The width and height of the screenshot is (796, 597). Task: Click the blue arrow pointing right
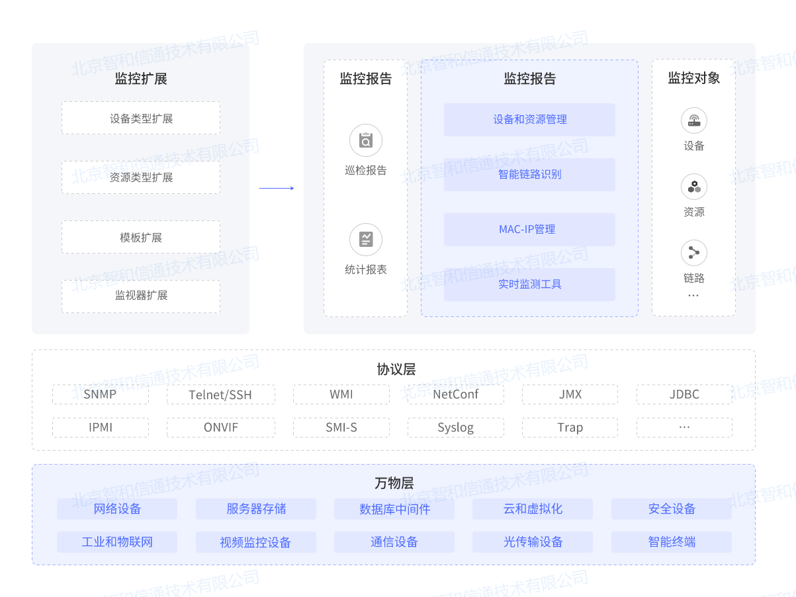coord(277,188)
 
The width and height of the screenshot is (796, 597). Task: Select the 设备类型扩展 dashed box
coord(141,118)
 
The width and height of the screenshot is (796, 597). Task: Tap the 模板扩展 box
coord(141,237)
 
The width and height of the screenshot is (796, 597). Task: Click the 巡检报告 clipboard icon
coord(365,140)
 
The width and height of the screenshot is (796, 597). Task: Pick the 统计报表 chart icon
coord(365,240)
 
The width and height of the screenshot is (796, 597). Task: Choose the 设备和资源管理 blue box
coord(529,120)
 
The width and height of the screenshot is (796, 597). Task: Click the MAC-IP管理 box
coord(529,230)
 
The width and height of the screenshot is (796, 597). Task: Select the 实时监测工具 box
coord(529,285)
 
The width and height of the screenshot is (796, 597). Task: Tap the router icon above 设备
coord(693,120)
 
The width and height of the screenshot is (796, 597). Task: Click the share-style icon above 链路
coord(693,253)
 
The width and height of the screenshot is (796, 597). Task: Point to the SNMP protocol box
coord(101,394)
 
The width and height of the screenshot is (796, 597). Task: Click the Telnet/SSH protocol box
coord(221,394)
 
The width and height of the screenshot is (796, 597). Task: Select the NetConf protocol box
coord(455,394)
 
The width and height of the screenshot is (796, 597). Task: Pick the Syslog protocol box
coord(455,428)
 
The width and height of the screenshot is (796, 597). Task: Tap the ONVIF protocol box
coord(221,428)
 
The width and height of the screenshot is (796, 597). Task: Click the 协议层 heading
coord(396,369)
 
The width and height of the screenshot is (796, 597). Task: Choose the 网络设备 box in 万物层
coord(117,509)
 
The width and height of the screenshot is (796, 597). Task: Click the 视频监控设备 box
coord(255,542)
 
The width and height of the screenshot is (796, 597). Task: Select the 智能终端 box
coord(671,542)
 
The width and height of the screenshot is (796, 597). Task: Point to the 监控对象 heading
coord(693,78)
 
